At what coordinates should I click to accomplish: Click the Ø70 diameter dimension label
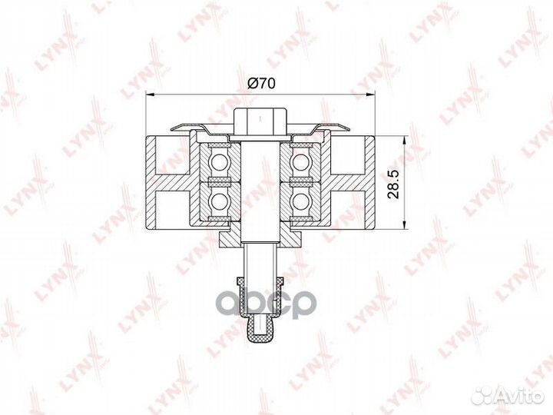pyautogui.click(x=261, y=83)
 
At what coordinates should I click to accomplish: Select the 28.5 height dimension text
pyautogui.click(x=393, y=184)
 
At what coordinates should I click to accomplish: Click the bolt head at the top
pyautogui.click(x=260, y=121)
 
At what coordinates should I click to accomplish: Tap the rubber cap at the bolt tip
pyautogui.click(x=260, y=328)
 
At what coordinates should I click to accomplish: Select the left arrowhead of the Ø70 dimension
pyautogui.click(x=151, y=95)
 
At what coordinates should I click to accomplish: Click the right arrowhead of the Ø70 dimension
pyautogui.click(x=369, y=95)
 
